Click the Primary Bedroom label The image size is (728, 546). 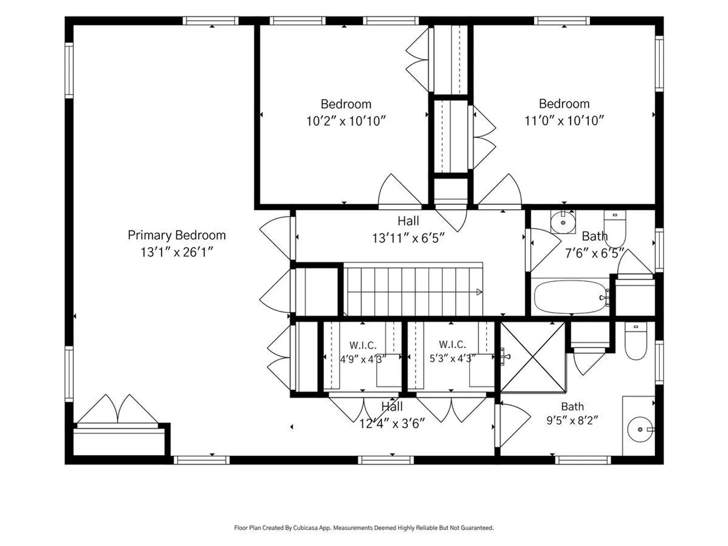point(177,236)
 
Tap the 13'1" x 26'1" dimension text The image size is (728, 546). point(176,252)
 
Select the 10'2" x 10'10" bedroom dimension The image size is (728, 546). point(346,121)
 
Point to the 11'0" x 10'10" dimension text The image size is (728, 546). point(564,121)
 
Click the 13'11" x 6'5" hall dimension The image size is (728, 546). point(408,238)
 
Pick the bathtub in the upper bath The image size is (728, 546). point(570,297)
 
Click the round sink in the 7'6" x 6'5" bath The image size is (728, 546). point(563,222)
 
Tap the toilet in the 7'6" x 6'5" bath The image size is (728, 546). point(615,229)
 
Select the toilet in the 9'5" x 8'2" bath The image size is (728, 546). point(635,341)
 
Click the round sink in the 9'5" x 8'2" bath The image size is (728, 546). point(640,429)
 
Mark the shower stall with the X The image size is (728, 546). point(533,357)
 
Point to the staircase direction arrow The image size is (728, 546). point(479,292)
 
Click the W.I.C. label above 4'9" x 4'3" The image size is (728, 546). point(363,345)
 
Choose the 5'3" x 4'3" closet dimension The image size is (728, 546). point(452,358)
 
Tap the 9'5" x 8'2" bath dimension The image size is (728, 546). point(572,420)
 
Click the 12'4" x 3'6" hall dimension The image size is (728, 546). point(392,423)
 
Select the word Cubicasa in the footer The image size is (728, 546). point(305,528)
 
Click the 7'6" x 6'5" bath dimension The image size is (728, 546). point(595,254)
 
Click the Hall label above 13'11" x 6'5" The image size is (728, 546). point(408,221)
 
